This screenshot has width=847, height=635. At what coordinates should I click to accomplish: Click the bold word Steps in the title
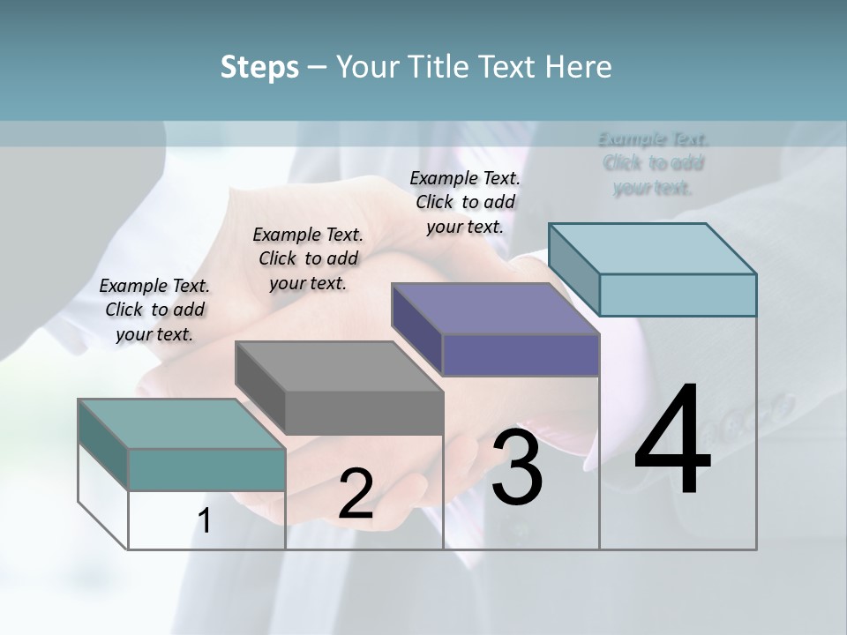click(259, 67)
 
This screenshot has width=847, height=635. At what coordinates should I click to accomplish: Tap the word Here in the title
click(581, 67)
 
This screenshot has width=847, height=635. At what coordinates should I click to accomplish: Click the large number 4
click(672, 441)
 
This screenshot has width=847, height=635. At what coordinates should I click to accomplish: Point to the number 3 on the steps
click(517, 467)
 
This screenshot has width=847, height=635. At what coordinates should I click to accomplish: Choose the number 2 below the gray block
click(356, 494)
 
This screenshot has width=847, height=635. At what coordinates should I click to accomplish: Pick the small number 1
click(205, 521)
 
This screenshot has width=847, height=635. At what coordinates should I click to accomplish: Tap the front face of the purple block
click(521, 355)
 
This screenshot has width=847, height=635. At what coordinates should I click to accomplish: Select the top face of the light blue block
click(653, 248)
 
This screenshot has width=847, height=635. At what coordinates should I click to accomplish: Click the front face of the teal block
click(206, 469)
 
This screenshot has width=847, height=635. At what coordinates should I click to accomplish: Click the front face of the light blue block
click(678, 295)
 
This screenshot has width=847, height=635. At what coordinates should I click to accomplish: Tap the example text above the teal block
click(154, 310)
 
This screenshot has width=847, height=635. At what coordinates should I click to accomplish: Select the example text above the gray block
click(308, 258)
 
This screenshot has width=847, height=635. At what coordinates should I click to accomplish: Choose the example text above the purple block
click(465, 202)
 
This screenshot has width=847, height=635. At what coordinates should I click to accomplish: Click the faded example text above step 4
click(653, 163)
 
